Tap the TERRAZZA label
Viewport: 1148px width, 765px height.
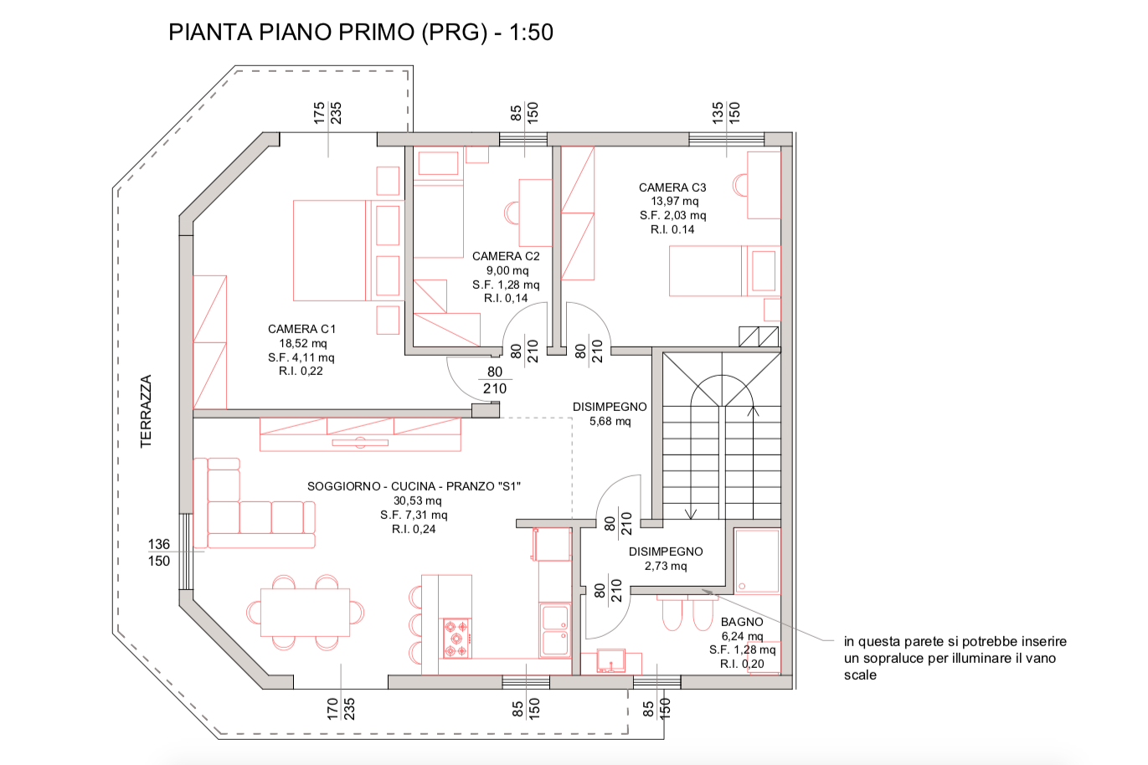pos(146,412)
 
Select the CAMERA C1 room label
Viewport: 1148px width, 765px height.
pos(301,329)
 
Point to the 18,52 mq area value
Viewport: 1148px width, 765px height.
pos(303,343)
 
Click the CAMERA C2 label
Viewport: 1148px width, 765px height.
pos(506,256)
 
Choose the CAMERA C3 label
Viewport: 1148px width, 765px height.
pos(672,187)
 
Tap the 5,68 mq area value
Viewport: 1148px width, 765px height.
pos(610,421)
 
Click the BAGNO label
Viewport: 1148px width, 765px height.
pos(742,622)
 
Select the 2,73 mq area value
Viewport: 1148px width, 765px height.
pos(666,566)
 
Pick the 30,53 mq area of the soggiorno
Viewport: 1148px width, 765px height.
pos(417,501)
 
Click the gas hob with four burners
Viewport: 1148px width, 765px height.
pos(456,639)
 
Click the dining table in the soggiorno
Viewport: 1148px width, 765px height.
pos(305,613)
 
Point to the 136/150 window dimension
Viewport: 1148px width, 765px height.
pos(159,552)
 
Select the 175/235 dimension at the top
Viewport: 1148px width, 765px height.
pos(327,113)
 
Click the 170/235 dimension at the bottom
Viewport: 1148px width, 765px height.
pos(341,709)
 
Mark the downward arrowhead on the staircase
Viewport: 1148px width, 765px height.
pos(691,514)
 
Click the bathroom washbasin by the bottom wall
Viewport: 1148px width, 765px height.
pos(611,661)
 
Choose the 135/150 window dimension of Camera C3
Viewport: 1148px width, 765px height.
pos(726,113)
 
